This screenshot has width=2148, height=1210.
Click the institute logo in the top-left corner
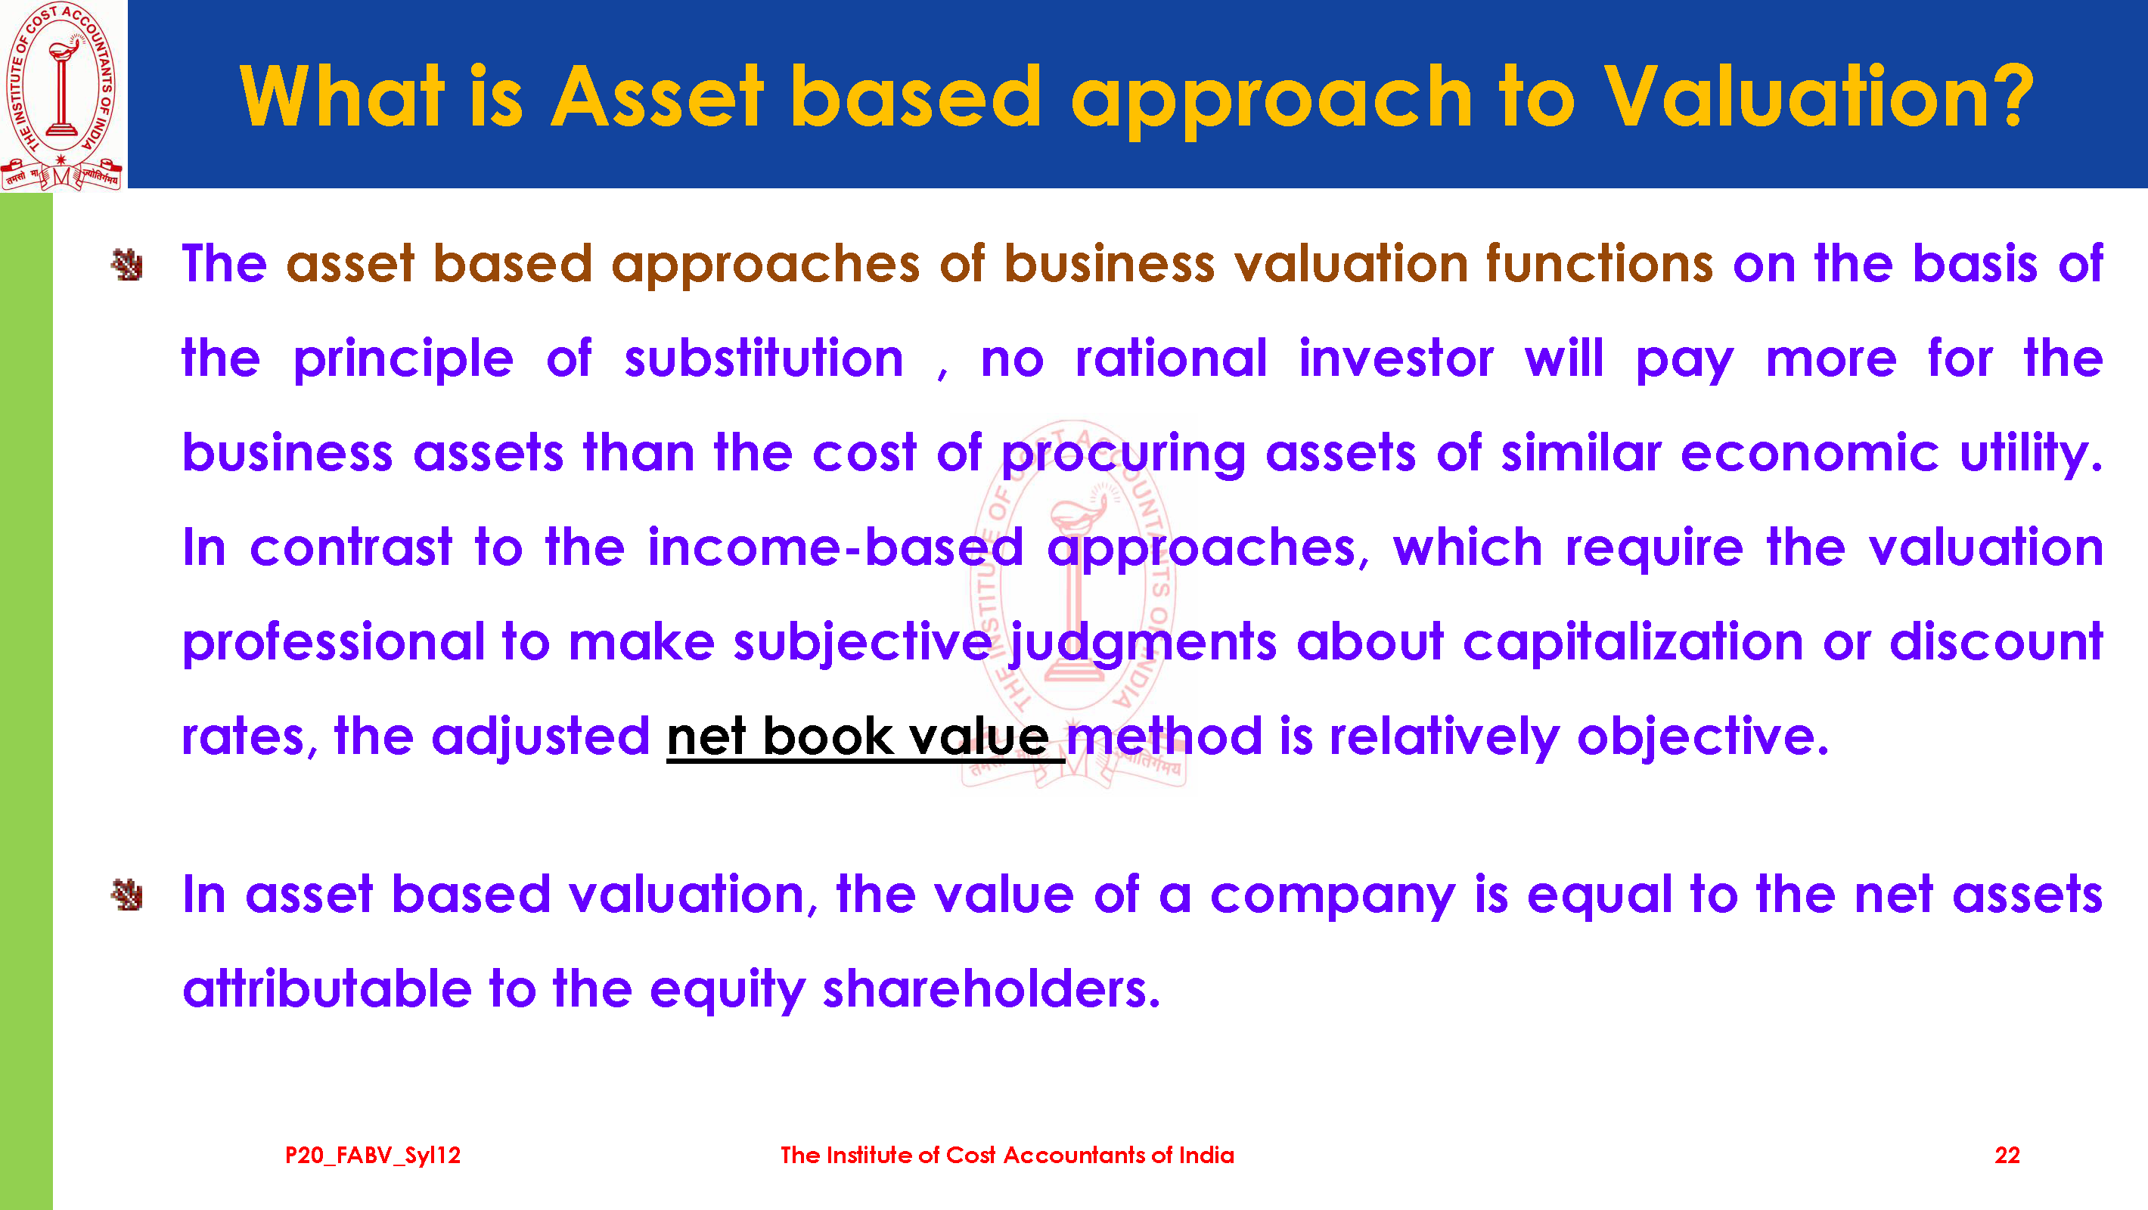pos(62,95)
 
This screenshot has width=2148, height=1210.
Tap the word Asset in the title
pos(657,97)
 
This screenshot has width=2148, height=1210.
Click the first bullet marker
pos(127,265)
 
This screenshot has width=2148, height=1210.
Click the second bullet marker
pos(127,895)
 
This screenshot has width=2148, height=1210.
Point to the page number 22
pos(2007,1155)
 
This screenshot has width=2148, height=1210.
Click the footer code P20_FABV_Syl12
pos(373,1156)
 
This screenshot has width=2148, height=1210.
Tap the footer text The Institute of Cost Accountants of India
pos(1007,1155)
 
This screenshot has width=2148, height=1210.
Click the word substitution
pos(764,358)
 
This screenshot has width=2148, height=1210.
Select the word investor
pos(1396,358)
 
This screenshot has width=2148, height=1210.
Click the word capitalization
pos(1634,643)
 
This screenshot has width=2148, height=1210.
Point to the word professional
pos(334,643)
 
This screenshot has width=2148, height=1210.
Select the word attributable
pos(327,990)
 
